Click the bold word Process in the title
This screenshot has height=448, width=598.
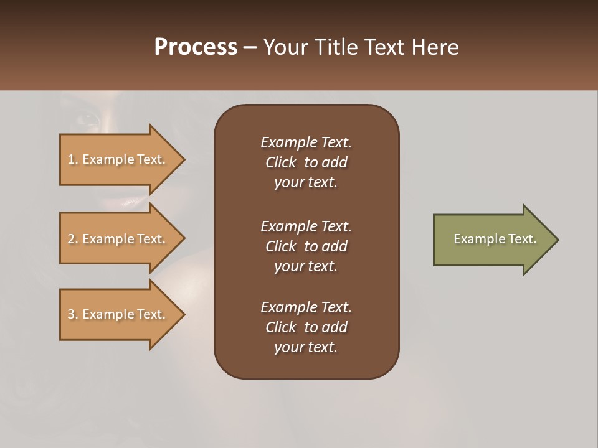196,47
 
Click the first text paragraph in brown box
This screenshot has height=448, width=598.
306,162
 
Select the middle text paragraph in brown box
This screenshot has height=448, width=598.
306,246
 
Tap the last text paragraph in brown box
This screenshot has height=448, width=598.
306,327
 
